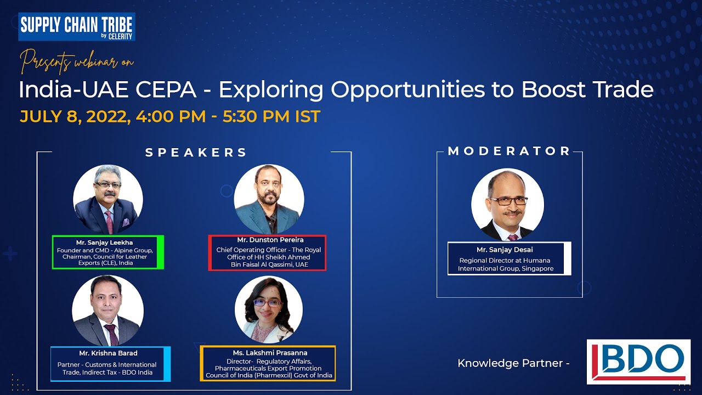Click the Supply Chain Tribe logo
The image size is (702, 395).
77,27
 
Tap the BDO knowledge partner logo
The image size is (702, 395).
638,362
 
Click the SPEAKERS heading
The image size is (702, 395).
196,153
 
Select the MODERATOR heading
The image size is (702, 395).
509,151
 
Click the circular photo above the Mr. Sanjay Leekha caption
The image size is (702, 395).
108,199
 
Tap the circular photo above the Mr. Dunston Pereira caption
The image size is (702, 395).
268,199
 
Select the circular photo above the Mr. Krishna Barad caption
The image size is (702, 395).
108,311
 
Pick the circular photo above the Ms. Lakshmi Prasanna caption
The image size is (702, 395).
268,310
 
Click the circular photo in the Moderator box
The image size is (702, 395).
507,205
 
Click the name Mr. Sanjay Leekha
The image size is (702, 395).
104,242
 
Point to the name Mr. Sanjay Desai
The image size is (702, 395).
505,250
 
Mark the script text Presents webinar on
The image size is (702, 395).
77,61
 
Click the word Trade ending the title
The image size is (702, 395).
619,89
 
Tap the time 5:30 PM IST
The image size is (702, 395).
271,117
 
